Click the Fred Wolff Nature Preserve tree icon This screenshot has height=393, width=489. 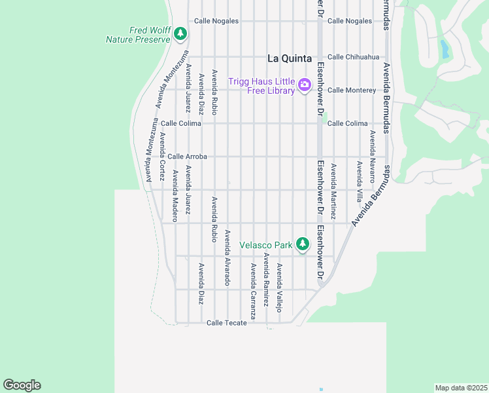click(x=181, y=34)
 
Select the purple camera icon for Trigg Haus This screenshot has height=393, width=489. click(x=304, y=84)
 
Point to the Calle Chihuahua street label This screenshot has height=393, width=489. click(x=353, y=57)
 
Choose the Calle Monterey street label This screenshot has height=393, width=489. click(x=352, y=90)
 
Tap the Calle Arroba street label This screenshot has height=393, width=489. click(x=187, y=157)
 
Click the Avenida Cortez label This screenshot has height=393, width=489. click(x=161, y=157)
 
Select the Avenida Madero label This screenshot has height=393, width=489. click(x=175, y=196)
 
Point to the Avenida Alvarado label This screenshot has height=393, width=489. click(x=228, y=257)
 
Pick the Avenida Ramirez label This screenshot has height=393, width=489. click(x=266, y=280)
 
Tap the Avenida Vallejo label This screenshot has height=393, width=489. click(x=279, y=288)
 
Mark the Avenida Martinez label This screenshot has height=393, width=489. click(x=333, y=191)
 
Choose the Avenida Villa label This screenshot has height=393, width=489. click(x=359, y=174)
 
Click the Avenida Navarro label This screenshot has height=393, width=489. click(x=372, y=156)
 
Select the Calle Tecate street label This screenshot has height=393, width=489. click(x=226, y=323)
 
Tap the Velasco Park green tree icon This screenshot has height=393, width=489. click(x=302, y=244)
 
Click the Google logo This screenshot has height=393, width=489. click(x=22, y=385)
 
